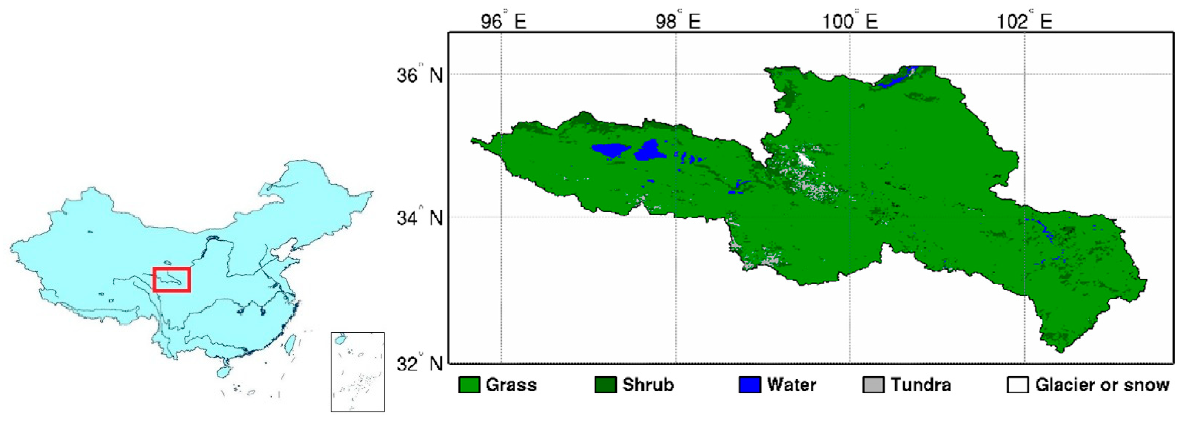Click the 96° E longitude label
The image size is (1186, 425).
tap(503, 21)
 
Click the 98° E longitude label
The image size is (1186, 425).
tap(678, 21)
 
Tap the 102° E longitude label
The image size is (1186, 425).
tap(1025, 21)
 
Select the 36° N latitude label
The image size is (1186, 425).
tap(420, 75)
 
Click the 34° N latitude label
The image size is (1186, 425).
tap(420, 218)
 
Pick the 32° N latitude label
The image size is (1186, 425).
tap(420, 364)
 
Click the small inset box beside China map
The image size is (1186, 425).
tap(358, 372)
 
